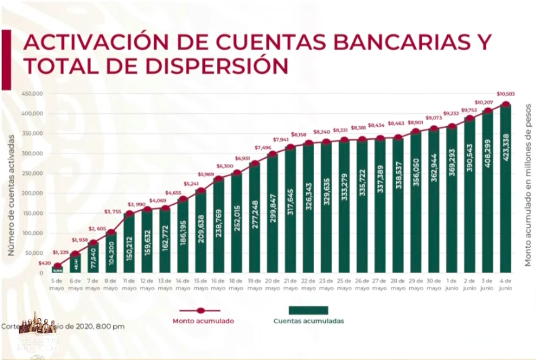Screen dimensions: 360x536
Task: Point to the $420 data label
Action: (x=44, y=262)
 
